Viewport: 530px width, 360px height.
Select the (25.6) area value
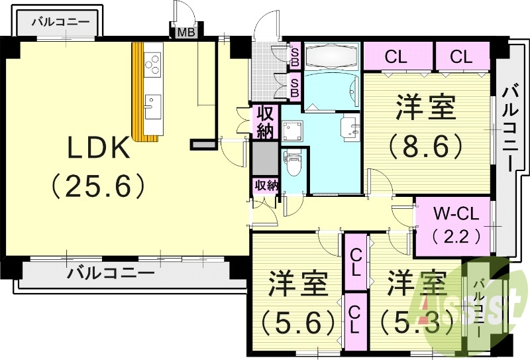pos(98,188)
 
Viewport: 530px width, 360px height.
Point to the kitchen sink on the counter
pos(152,103)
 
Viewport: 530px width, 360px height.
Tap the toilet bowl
pos(292,162)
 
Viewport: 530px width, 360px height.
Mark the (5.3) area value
pos(417,323)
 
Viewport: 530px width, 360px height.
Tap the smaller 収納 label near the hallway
pos(266,186)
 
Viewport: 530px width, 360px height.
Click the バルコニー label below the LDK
pos(111,272)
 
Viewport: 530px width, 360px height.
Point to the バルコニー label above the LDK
pos(61,22)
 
